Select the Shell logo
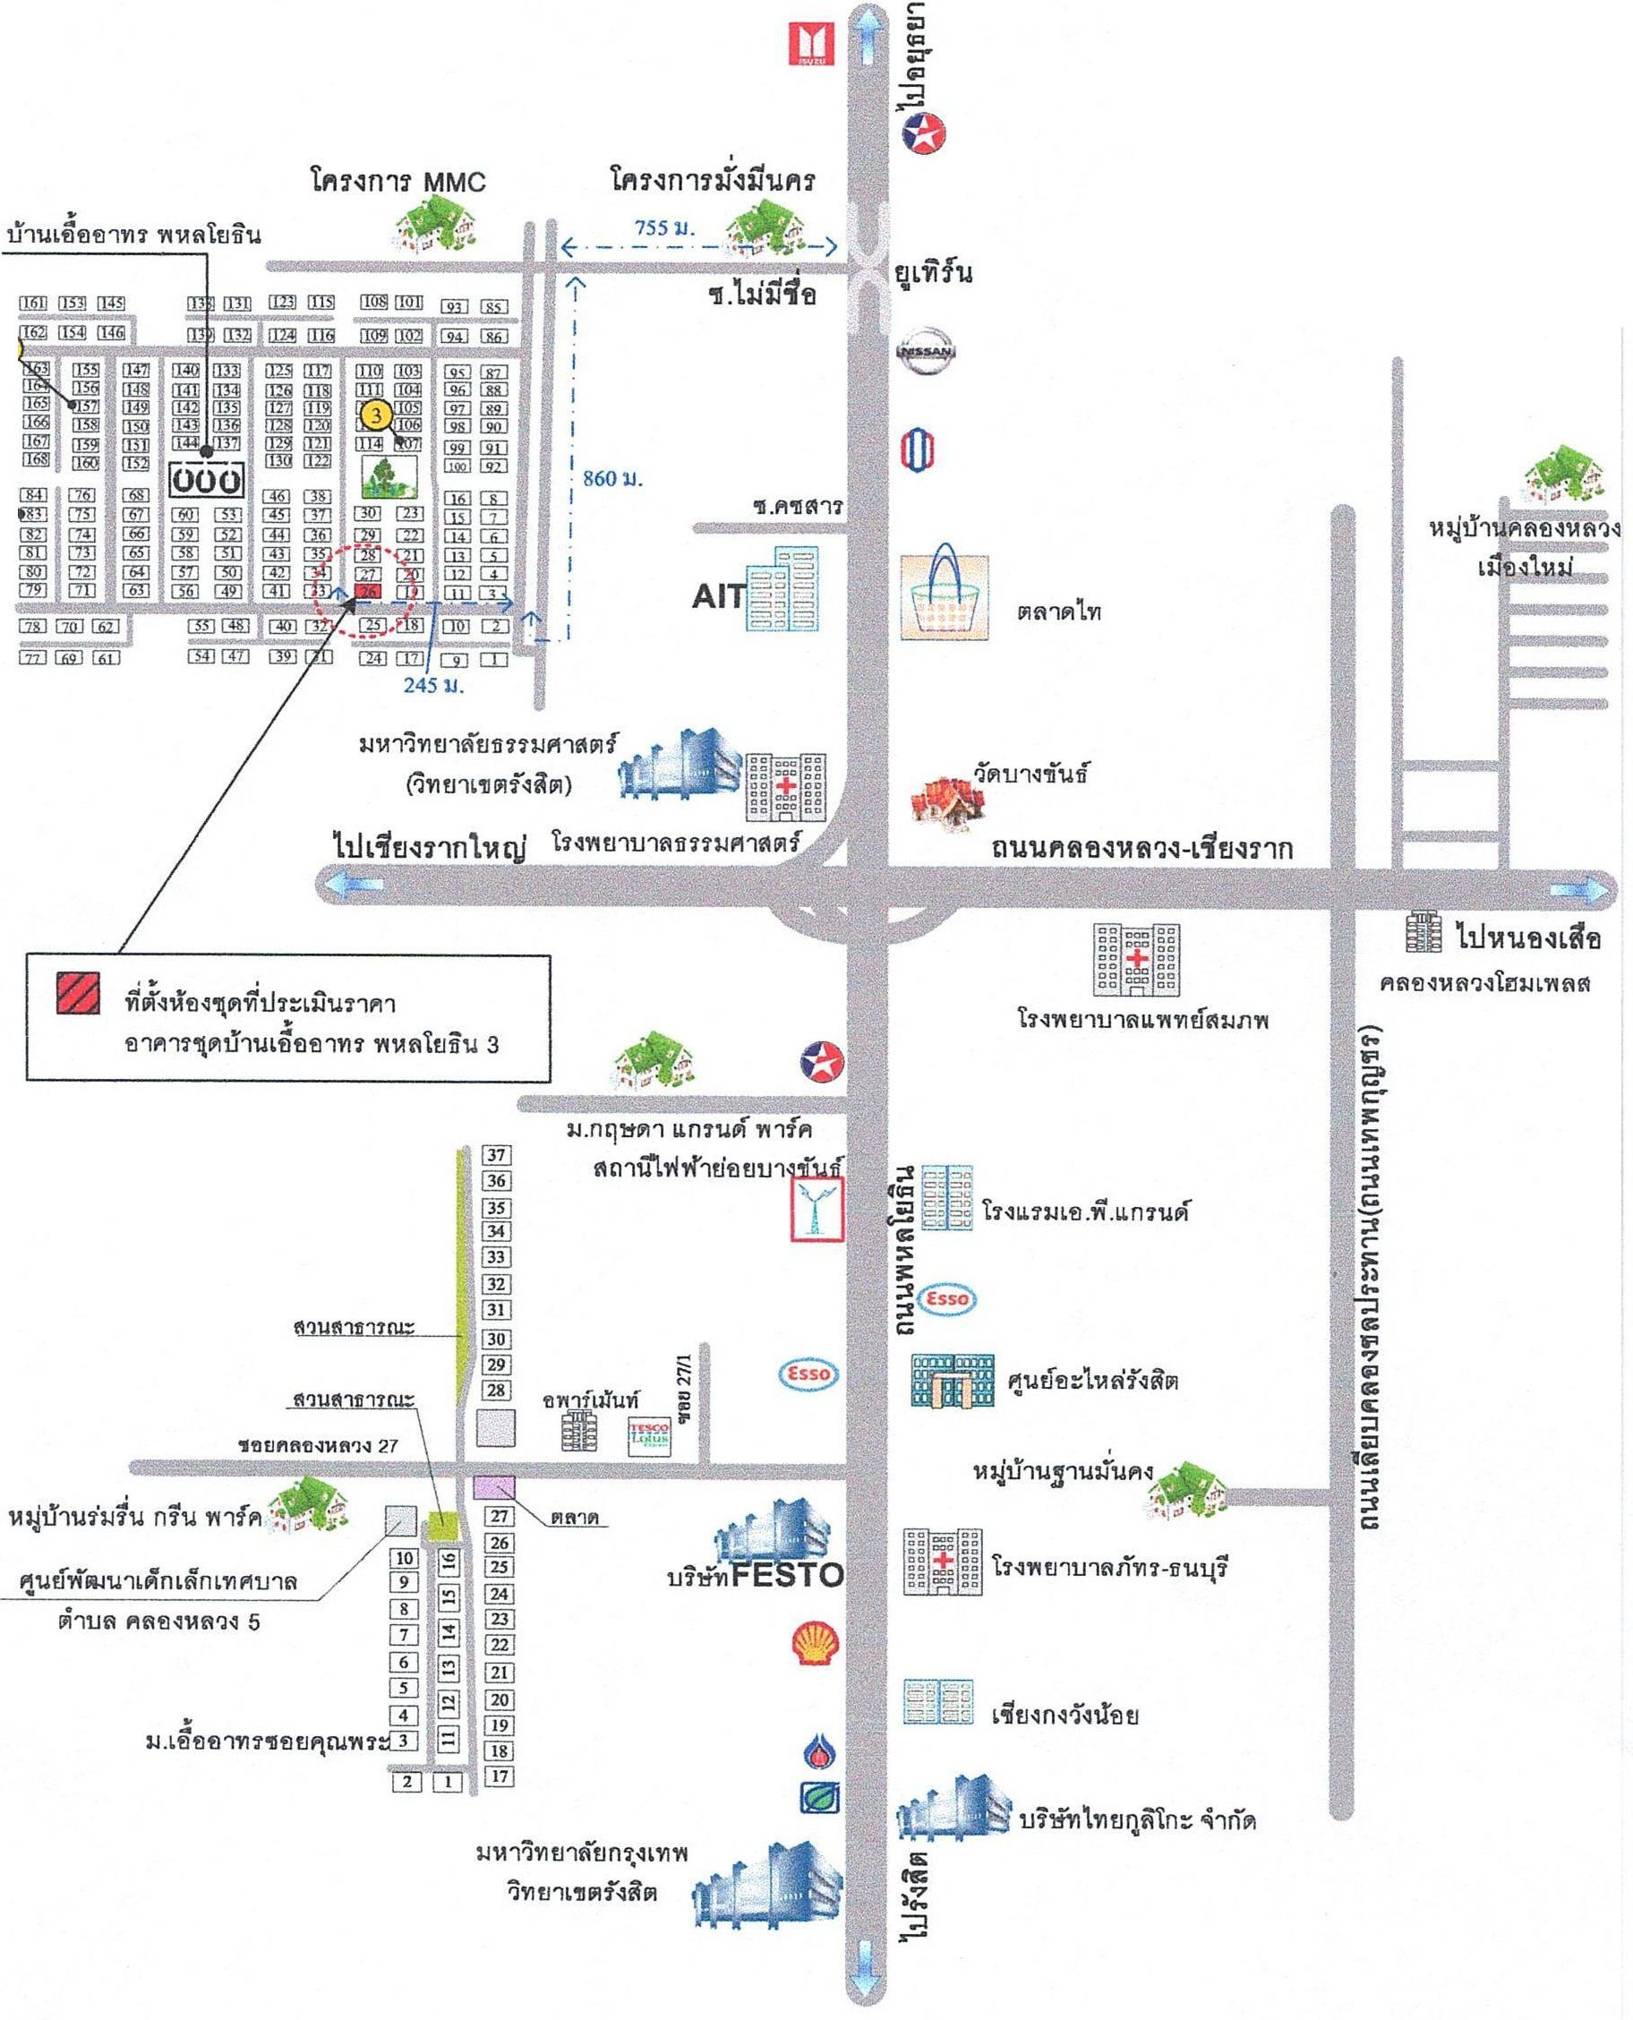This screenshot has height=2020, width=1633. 814,1644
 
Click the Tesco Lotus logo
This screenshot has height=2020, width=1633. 649,1437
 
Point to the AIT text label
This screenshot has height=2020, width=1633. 719,596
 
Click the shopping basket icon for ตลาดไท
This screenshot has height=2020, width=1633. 945,596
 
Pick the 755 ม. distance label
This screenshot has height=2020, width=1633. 664,227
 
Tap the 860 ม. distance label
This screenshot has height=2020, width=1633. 612,478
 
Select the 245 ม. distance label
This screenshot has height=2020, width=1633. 433,685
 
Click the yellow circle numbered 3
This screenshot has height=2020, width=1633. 376,414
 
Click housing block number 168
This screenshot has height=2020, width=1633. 36,459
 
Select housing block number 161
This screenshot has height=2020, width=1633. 33,303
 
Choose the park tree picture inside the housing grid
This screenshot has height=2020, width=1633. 389,477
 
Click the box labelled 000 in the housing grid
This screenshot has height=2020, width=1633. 206,481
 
